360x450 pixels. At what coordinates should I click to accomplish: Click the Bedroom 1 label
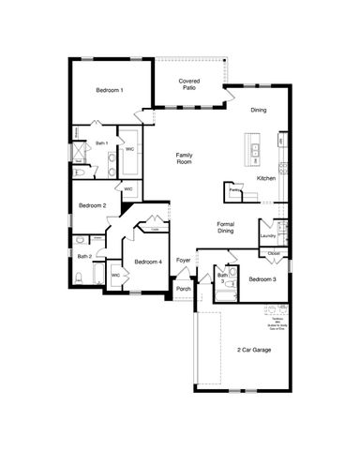[x=110, y=90]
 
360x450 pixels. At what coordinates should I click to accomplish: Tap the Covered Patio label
[x=189, y=85]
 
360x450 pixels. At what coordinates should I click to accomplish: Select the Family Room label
[x=184, y=159]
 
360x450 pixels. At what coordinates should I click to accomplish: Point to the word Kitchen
[x=266, y=177]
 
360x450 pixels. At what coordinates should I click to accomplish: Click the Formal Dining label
[x=226, y=227]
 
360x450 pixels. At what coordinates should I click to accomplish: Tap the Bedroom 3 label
[x=262, y=279]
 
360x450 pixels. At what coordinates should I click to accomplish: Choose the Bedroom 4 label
[x=147, y=262]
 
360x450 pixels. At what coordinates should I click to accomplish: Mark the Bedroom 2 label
[x=92, y=205]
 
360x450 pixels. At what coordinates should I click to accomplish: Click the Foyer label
[x=184, y=260]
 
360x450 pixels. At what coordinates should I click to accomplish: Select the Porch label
[x=184, y=289]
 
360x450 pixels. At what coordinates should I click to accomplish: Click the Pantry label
[x=233, y=190]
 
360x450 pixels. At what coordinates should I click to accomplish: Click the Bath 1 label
[x=102, y=143]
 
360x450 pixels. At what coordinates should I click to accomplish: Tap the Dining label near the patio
[x=258, y=111]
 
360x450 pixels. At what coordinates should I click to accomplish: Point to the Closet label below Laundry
[x=273, y=254]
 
